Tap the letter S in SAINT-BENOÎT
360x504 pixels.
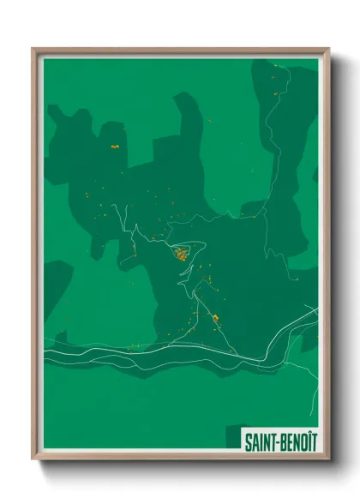(249, 442)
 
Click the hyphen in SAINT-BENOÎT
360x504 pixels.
(271, 443)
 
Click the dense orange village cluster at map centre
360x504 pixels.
(182, 254)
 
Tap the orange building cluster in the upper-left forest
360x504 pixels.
(114, 147)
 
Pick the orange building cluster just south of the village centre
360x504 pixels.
(214, 318)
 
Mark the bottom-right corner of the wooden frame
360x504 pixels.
(327, 459)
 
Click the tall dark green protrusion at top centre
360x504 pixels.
(188, 129)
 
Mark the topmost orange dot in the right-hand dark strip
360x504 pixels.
(273, 79)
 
